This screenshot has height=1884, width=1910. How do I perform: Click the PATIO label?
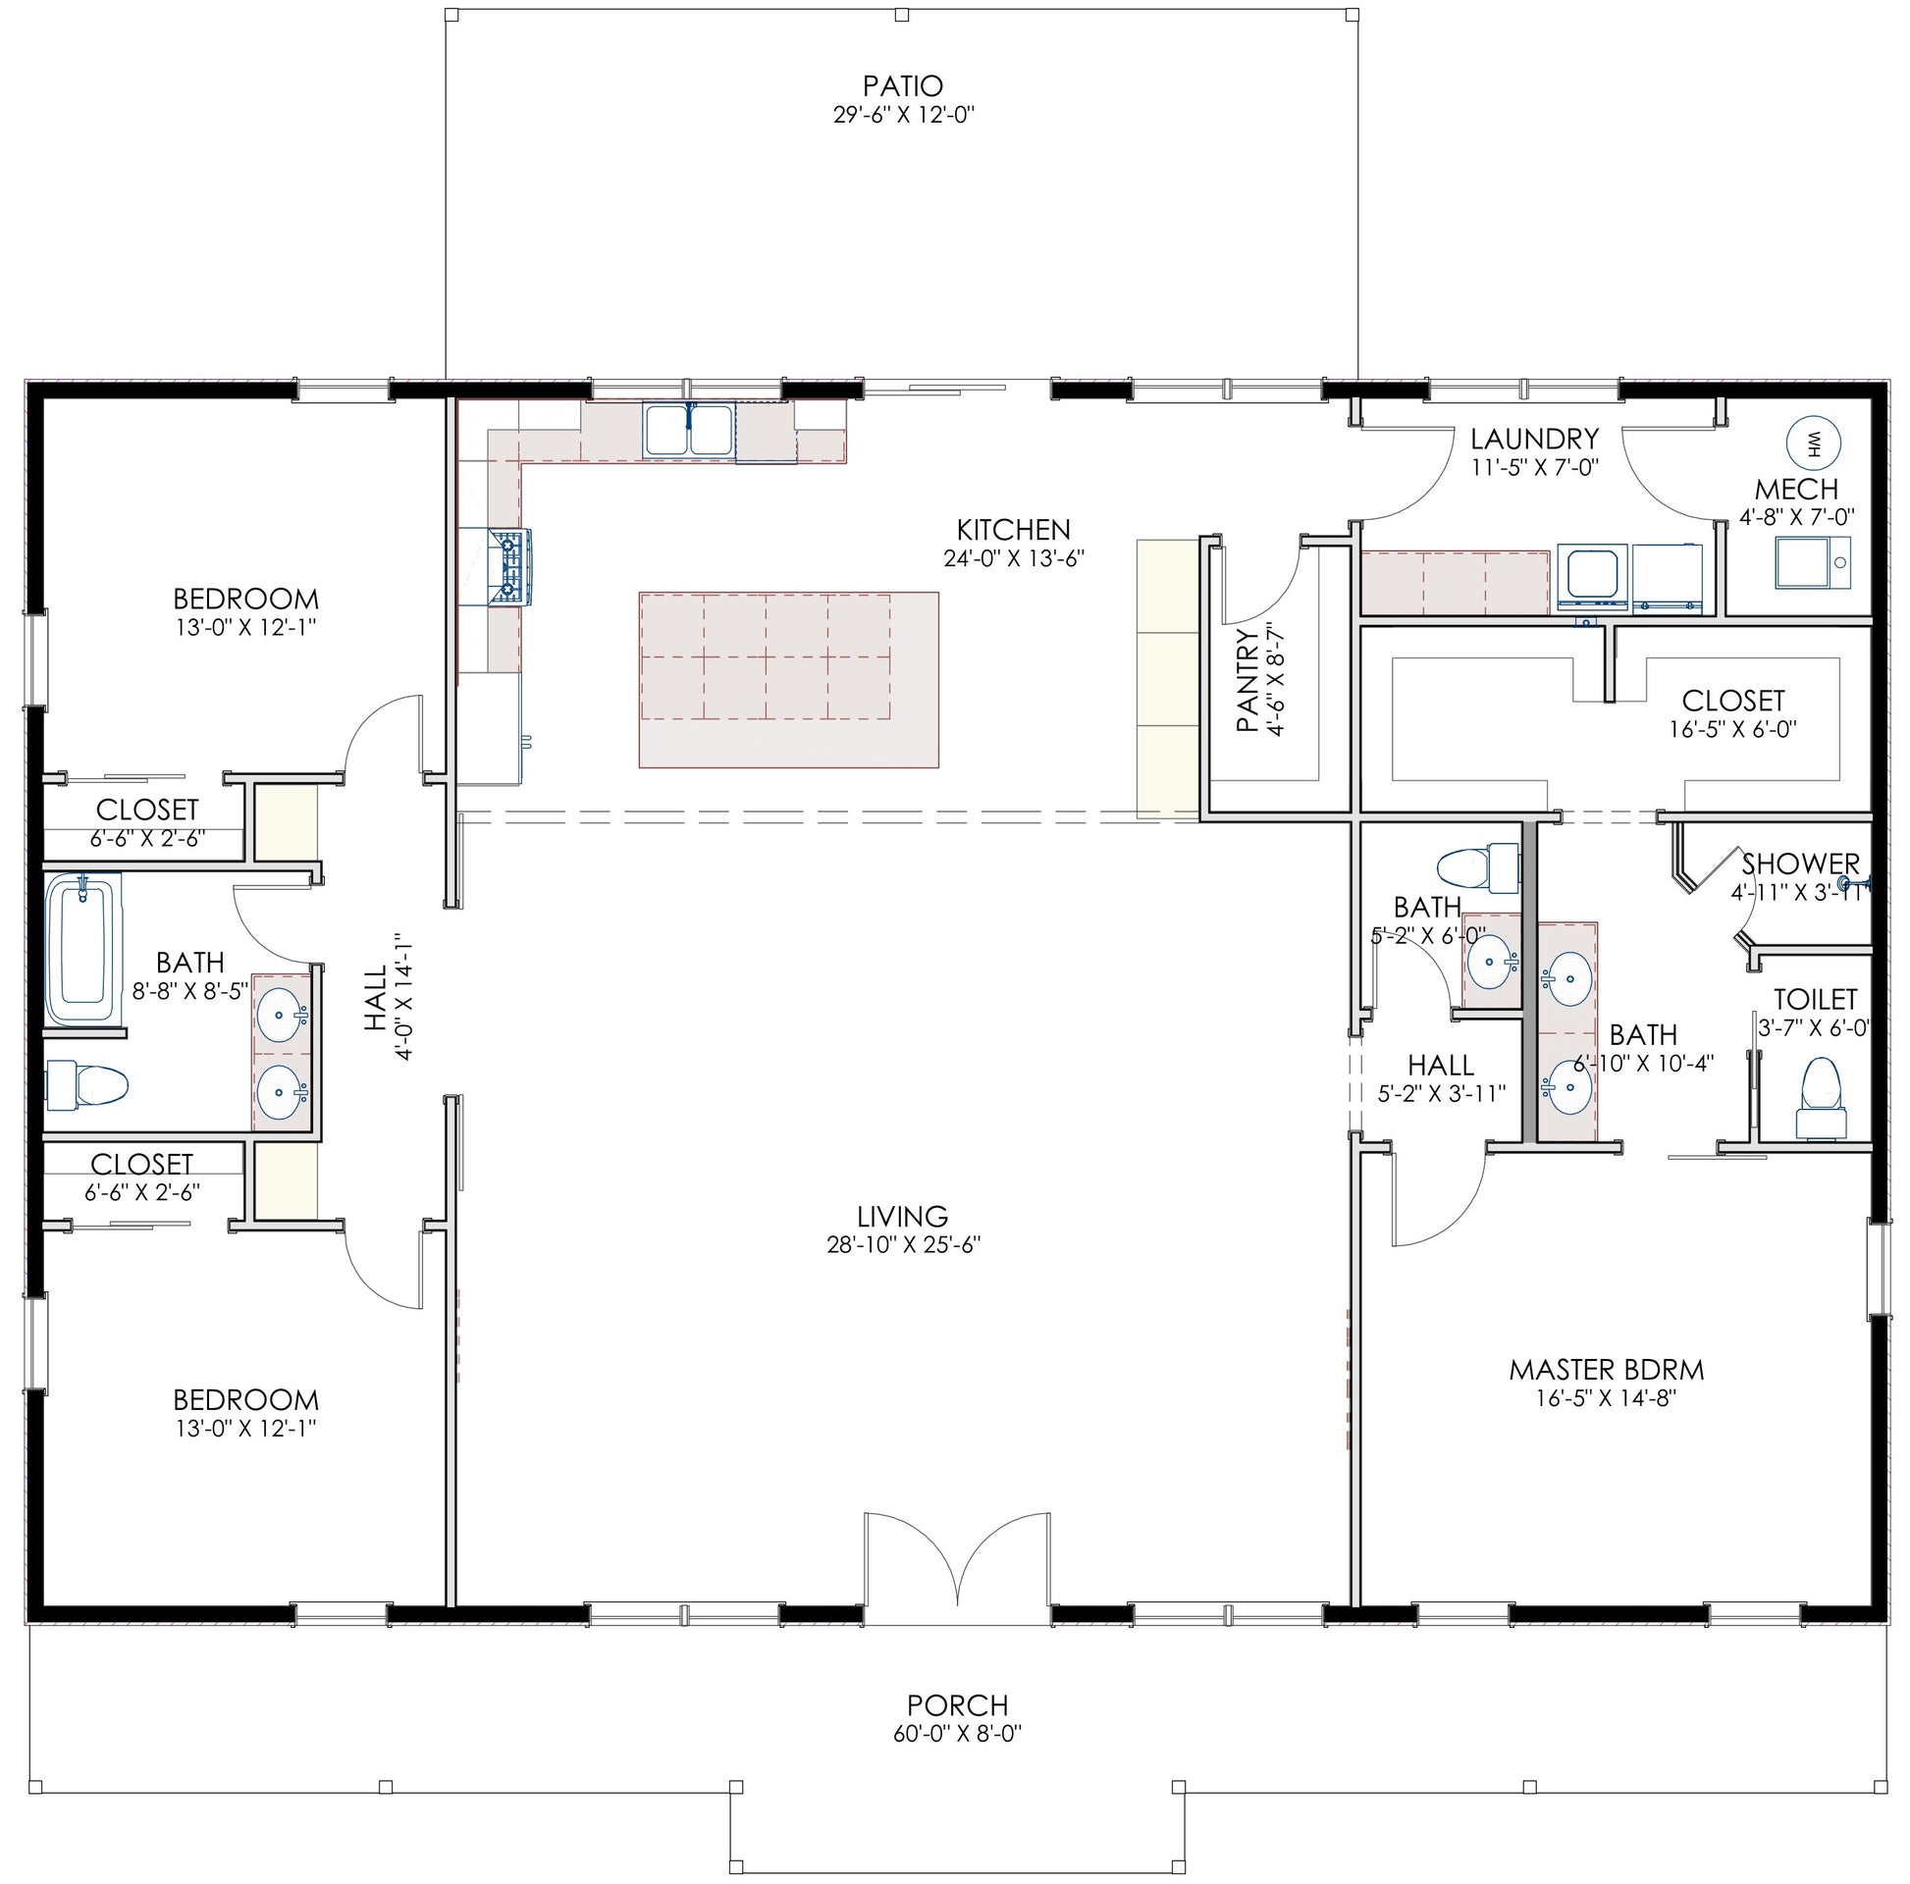[x=903, y=86]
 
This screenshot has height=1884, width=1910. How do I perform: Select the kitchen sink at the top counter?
[x=689, y=431]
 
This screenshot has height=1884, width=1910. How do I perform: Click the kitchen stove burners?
[x=510, y=566]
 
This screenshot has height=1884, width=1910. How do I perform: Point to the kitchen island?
[x=788, y=679]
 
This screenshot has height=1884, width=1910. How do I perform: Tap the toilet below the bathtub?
[x=88, y=1084]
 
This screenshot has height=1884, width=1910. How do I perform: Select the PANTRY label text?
[x=1247, y=681]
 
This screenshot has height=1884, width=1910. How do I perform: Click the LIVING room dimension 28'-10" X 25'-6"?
[x=903, y=1243]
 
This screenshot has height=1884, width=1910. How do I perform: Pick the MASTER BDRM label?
[x=1607, y=1370]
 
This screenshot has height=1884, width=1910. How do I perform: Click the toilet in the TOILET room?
[x=1820, y=1098]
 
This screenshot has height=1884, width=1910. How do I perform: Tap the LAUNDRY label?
[x=1534, y=438]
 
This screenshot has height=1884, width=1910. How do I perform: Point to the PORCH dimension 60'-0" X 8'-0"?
[x=957, y=1734]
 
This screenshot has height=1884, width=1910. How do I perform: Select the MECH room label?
[x=1796, y=490]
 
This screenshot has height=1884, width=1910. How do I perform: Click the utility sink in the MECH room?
[x=1812, y=562]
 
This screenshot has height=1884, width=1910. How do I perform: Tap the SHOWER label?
[x=1800, y=863]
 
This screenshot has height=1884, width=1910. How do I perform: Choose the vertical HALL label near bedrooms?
[x=376, y=998]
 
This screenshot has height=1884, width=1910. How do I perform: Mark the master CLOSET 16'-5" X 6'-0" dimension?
[x=1733, y=729]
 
